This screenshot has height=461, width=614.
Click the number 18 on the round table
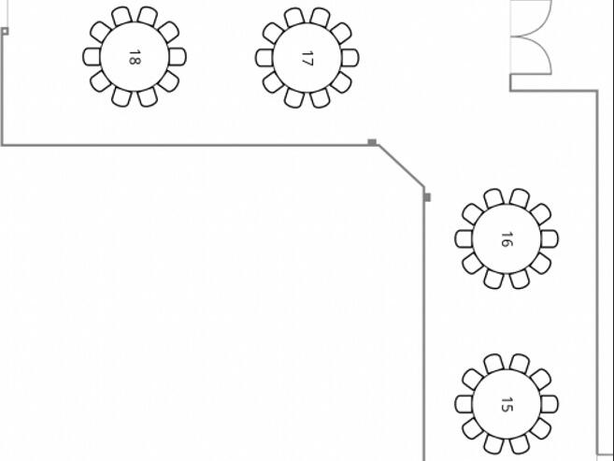click(135, 57)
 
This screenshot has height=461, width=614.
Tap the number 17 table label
click(307, 58)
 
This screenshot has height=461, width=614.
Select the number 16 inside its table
click(507, 239)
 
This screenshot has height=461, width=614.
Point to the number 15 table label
click(507, 405)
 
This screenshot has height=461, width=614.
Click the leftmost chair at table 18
click(92, 57)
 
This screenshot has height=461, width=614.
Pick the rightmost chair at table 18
click(178, 57)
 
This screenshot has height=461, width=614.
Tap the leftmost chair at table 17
click(264, 58)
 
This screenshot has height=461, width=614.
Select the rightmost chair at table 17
click(350, 58)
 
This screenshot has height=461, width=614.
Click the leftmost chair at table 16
click(464, 239)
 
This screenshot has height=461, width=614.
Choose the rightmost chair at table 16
click(550, 239)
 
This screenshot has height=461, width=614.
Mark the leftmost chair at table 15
click(464, 404)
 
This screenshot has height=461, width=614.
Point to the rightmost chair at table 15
click(550, 404)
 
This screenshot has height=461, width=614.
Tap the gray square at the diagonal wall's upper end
click(372, 142)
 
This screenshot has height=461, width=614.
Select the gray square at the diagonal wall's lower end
click(428, 197)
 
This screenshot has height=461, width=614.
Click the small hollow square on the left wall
click(5, 32)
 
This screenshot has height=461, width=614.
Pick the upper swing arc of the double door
click(542, 23)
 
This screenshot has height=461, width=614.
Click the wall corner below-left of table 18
click(3, 145)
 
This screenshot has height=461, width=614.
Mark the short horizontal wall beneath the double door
click(553, 92)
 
